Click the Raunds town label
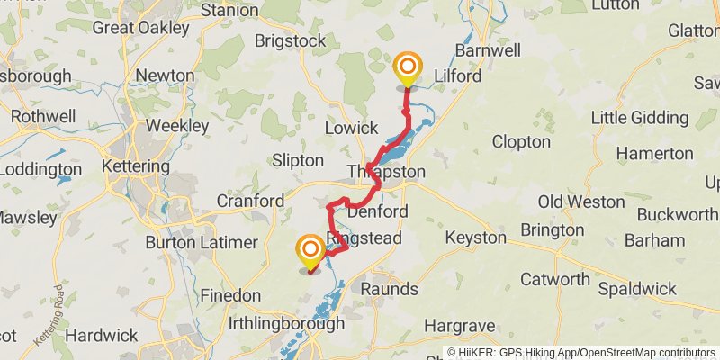[x=390, y=289]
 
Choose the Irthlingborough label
[x=287, y=323]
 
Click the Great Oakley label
[x=141, y=27]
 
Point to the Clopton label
[x=521, y=141]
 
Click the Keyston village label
[x=476, y=238]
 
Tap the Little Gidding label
[x=641, y=118]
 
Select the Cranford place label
[x=249, y=201]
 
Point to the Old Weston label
[x=582, y=201]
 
